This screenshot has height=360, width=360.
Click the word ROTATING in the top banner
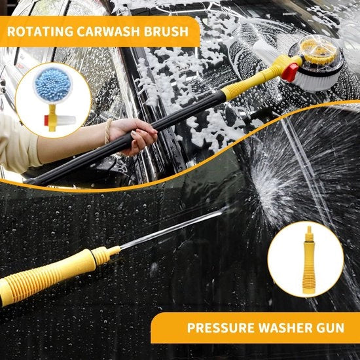coord(40,31)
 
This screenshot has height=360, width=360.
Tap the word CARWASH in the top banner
coord(109,31)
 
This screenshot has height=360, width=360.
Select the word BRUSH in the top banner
coord(166,31)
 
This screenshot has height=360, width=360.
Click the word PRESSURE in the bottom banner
coord(221,327)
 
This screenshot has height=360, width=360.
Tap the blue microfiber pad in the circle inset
coord(53,84)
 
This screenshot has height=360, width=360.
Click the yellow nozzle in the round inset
coord(309,260)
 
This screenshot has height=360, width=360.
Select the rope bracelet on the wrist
coord(107,132)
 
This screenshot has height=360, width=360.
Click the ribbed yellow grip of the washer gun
coord(46,274)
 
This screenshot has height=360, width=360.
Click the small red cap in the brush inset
coord(46,120)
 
